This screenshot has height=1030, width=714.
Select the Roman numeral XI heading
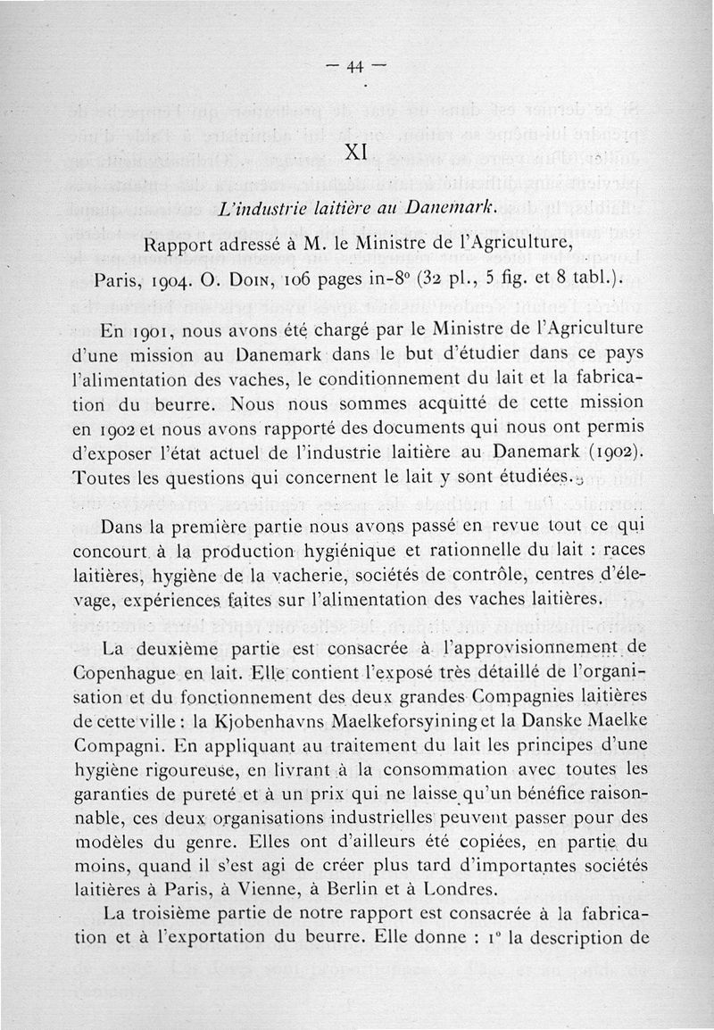(x=356, y=152)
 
